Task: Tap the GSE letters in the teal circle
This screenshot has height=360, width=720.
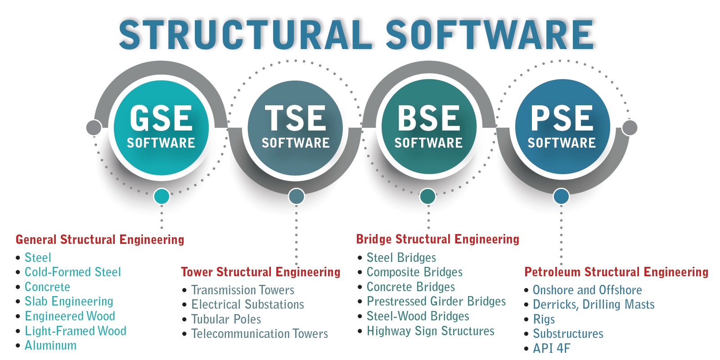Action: [161, 118]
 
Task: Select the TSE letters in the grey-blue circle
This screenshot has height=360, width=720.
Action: [295, 118]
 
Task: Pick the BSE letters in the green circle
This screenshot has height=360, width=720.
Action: [429, 118]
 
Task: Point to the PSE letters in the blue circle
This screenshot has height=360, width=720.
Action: [562, 118]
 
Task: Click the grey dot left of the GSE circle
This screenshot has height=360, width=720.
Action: [94, 128]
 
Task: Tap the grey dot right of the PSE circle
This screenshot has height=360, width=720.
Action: [630, 128]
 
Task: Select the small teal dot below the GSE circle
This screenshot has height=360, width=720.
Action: [162, 196]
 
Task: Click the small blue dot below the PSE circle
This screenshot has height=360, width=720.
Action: [561, 196]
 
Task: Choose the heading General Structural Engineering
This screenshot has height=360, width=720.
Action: [100, 240]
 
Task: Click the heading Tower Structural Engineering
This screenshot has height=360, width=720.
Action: [261, 272]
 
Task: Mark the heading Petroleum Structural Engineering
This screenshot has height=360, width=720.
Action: [616, 272]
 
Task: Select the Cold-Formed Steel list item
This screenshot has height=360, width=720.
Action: [72, 272]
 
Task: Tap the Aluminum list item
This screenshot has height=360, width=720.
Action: [50, 346]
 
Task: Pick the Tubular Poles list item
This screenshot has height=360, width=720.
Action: [226, 319]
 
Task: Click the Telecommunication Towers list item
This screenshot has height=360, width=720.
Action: [260, 333]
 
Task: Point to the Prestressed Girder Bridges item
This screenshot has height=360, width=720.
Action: [436, 301]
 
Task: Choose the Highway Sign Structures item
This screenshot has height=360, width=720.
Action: [430, 331]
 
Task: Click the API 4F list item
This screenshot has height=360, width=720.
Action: [552, 348]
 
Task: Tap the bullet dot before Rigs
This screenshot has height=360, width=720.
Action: [526, 319]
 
